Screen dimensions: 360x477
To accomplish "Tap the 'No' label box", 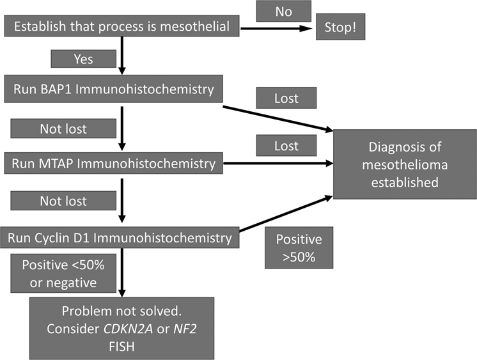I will [283, 11].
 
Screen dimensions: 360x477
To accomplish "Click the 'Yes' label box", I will [82, 59].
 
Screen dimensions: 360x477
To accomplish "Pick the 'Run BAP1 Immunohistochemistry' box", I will [114, 90].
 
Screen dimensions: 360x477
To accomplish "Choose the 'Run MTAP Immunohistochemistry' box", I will [114, 163].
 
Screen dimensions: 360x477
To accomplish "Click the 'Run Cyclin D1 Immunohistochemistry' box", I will [120, 239].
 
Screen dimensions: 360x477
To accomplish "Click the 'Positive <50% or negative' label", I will [63, 273].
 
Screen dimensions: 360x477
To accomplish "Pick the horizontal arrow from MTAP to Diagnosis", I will [278, 163].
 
